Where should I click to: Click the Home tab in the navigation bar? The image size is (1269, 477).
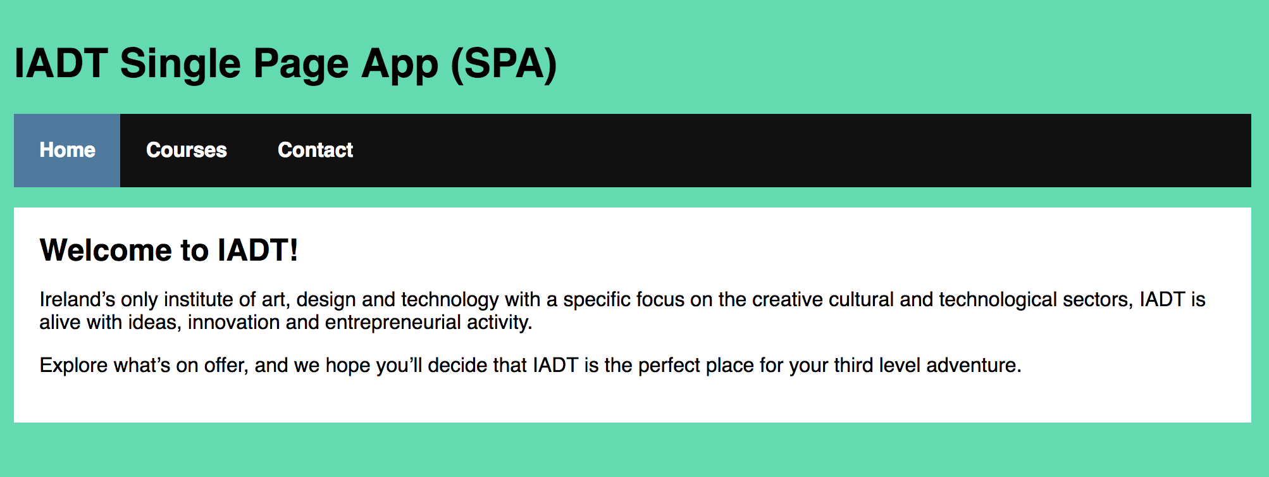click(x=67, y=151)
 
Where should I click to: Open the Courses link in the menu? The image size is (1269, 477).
click(x=187, y=151)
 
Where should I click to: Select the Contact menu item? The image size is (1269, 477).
click(x=315, y=151)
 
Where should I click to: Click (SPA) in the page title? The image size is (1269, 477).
click(x=504, y=65)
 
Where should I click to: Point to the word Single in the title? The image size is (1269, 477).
click(x=180, y=65)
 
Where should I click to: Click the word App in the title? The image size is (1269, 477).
click(x=399, y=65)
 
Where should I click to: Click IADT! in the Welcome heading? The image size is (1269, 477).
click(x=258, y=250)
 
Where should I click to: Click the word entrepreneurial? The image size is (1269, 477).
click(x=393, y=323)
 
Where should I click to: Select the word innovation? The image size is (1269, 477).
click(x=234, y=322)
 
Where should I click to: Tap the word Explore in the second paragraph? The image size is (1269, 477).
click(x=73, y=366)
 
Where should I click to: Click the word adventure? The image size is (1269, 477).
click(x=974, y=365)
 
